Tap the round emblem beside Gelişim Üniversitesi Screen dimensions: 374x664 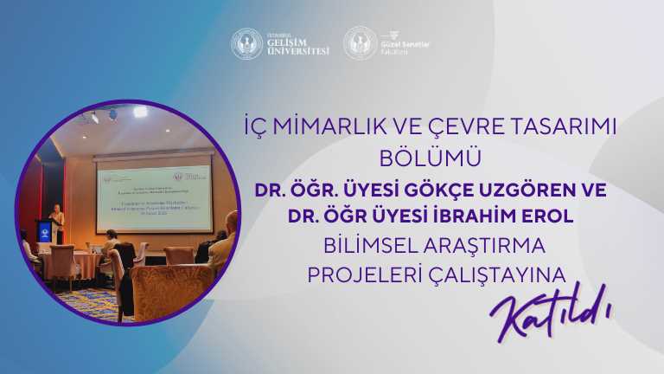246,43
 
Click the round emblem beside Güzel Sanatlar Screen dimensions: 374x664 360,43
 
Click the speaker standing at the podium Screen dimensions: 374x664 58,218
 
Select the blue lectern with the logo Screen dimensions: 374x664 44,233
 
